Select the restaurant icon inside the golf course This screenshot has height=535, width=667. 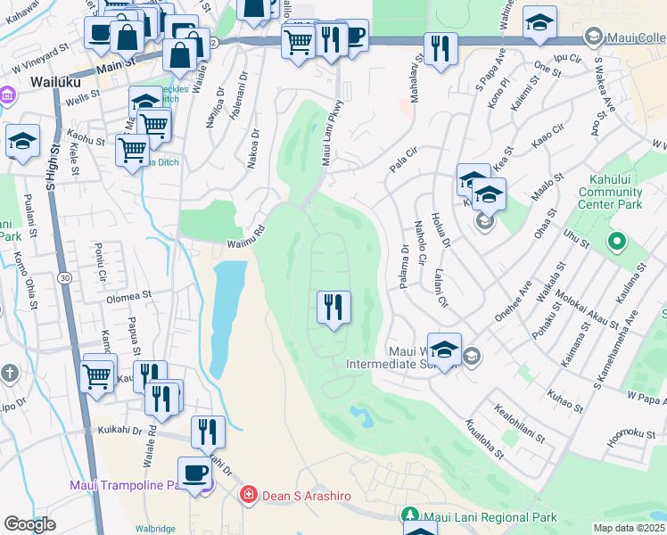[x=333, y=308]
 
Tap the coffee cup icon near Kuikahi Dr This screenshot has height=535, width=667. [x=194, y=473]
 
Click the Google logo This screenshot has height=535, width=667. [x=29, y=524]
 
